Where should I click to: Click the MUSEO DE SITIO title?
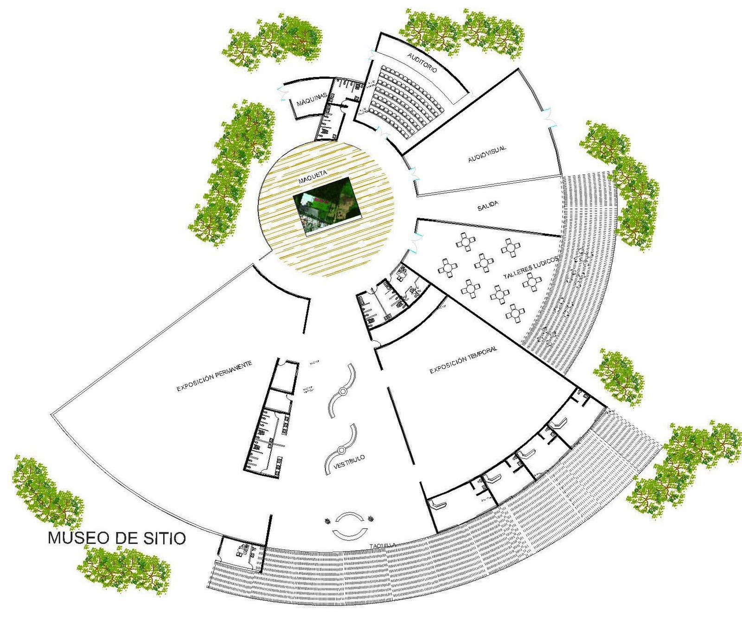coord(117,538)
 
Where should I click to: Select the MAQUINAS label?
coord(312,99)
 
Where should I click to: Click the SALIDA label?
coord(488,206)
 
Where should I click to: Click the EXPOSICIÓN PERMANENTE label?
coord(214,376)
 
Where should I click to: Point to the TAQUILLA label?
coord(383,546)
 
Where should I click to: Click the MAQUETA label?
coord(313,176)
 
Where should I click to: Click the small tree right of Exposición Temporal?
coord(619,375)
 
